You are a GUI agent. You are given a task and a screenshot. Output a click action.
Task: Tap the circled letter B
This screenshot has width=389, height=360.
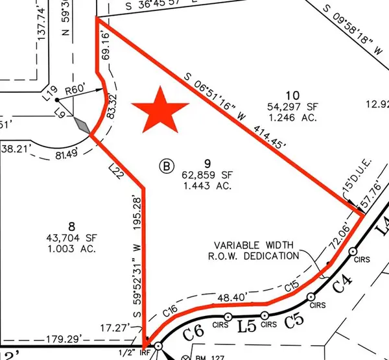[x=167, y=167]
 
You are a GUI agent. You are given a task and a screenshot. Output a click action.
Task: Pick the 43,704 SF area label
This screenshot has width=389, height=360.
[x=72, y=237]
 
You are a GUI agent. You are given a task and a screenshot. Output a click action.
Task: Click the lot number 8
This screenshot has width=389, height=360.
[x=73, y=226]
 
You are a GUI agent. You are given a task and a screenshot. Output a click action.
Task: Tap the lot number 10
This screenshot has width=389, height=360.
[x=289, y=95]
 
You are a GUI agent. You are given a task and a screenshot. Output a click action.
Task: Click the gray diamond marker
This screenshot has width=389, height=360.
[x=82, y=125]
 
